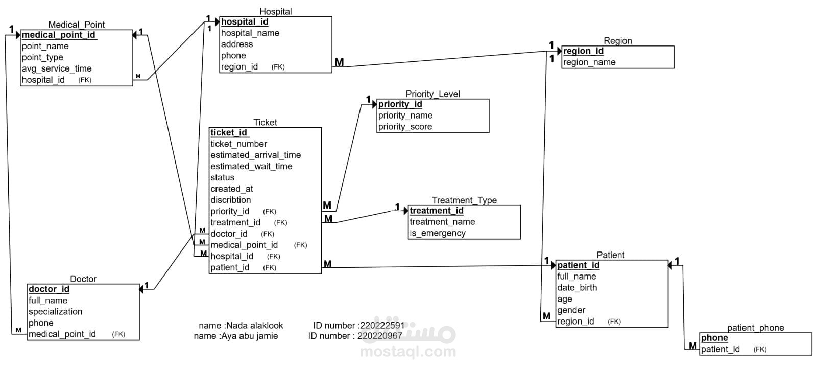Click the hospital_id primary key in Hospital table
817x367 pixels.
[244, 22]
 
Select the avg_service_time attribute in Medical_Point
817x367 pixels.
[57, 68]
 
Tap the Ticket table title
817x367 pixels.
[265, 122]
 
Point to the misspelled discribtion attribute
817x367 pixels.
[230, 200]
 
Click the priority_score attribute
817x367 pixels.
[405, 127]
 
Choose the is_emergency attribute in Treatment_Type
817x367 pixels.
[438, 233]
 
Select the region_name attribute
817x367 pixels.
[589, 62]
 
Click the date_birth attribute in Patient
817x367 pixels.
[577, 288]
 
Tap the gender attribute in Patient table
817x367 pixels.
[571, 310]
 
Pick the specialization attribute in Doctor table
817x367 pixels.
[55, 312]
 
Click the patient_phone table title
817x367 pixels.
[755, 328]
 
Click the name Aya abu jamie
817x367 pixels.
[249, 336]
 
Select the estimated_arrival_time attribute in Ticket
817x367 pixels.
[255, 155]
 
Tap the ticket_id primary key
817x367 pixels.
[228, 133]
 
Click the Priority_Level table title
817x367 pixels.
[432, 94]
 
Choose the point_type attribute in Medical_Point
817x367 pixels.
[42, 57]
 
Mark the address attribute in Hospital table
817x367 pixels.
[236, 44]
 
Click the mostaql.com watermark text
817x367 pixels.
[408, 352]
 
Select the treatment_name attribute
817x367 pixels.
[442, 222]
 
